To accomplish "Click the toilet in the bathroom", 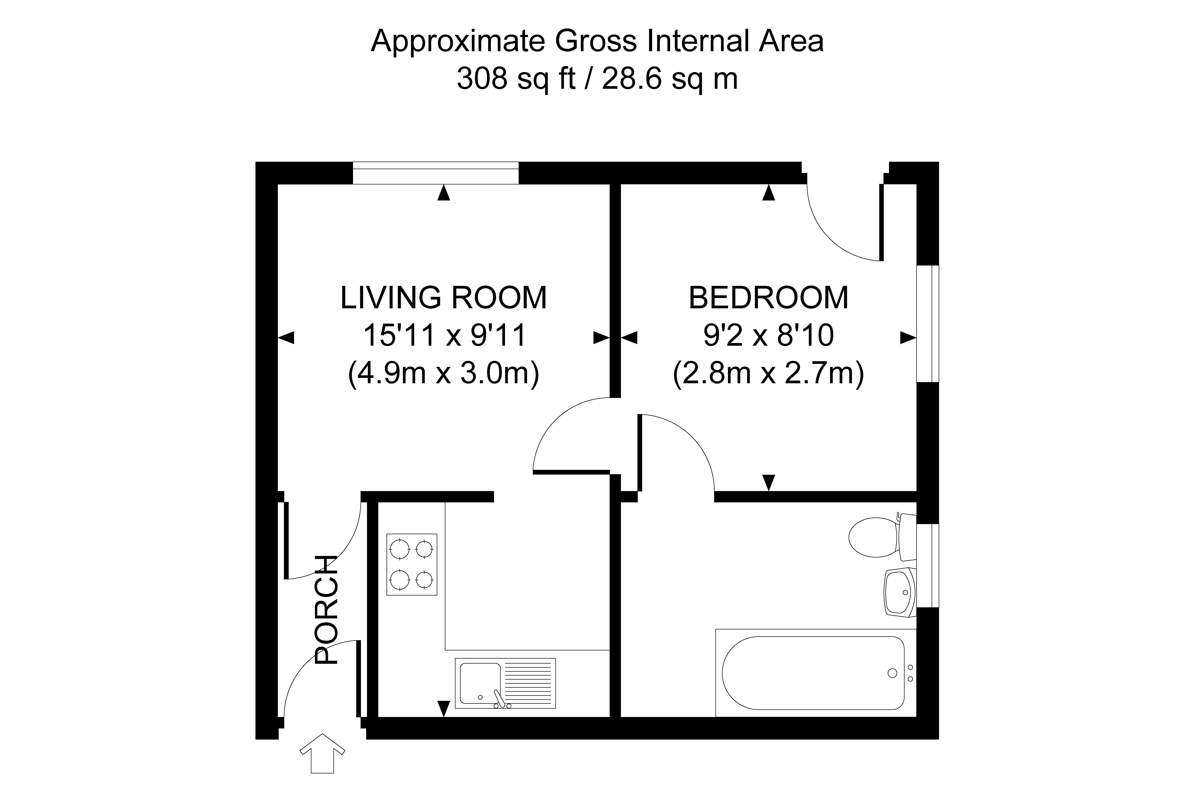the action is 882,537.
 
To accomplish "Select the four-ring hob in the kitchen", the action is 412,564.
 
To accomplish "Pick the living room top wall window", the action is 436,173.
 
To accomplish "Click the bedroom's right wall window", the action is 927,323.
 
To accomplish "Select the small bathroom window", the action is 927,565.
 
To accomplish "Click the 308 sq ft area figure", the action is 516,79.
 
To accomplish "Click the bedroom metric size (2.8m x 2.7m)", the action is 768,374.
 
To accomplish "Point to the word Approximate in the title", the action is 458,42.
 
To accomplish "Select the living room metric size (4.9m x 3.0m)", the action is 444,374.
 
